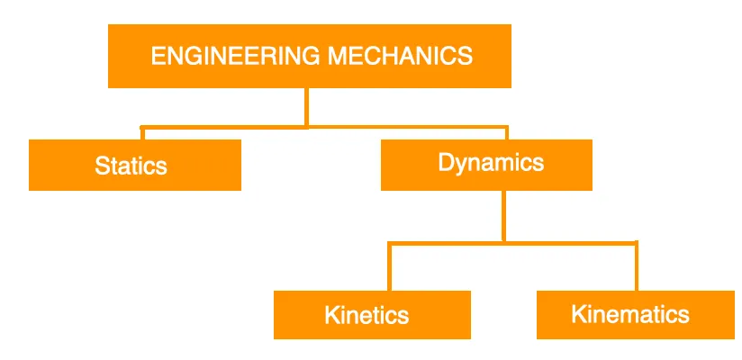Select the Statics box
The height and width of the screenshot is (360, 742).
click(x=134, y=166)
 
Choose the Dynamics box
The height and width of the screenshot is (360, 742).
click(x=486, y=165)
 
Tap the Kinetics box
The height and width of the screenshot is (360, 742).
click(x=371, y=315)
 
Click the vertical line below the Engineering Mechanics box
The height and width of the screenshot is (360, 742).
click(x=307, y=106)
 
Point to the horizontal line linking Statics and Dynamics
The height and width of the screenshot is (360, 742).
click(x=225, y=127)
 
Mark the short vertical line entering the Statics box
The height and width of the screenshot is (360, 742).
click(x=141, y=133)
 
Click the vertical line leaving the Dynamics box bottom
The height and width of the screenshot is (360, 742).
click(x=503, y=215)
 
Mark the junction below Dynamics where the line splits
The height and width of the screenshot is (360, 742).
click(x=503, y=241)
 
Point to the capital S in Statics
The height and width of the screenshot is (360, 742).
click(x=101, y=166)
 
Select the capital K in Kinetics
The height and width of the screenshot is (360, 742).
click(x=331, y=316)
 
